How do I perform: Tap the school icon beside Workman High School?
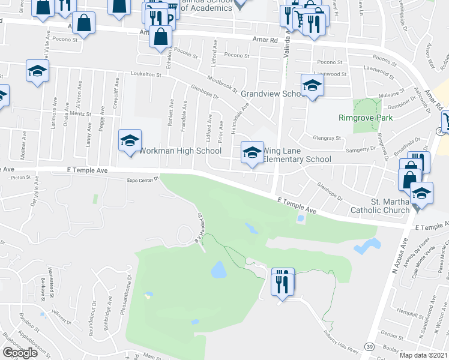coord(130,142)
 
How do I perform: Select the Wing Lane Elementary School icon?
coord(252,152)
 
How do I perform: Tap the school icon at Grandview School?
coord(312,86)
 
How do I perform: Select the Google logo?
coord(20,353)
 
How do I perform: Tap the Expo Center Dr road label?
coord(142,179)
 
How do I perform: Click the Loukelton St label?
coord(146,74)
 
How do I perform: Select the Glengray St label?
coord(330,137)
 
